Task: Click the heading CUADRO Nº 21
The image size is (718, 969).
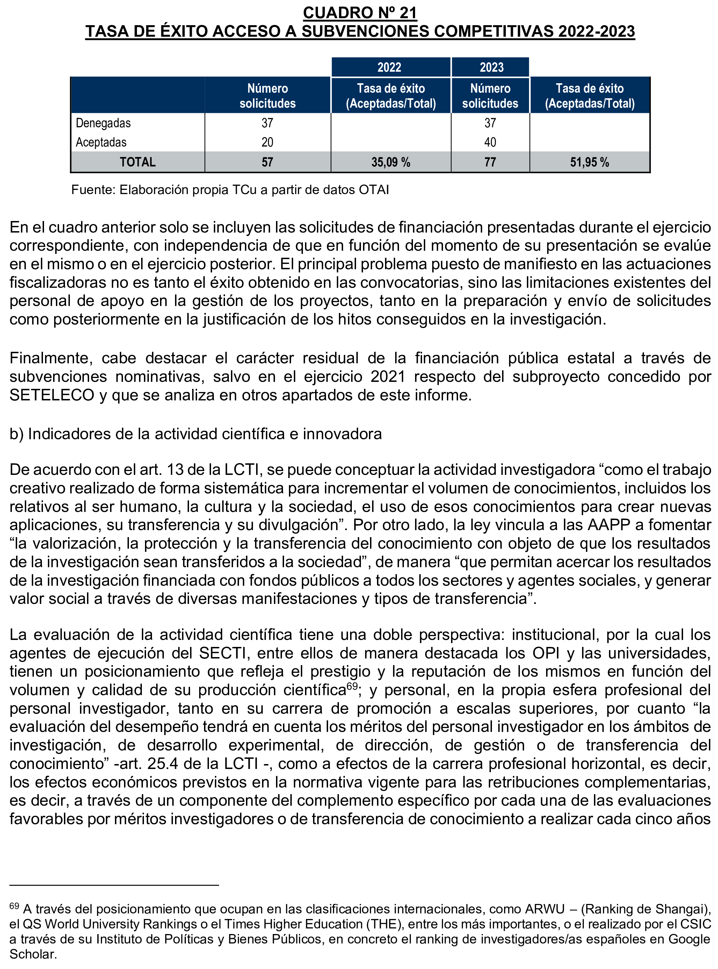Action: click(360, 13)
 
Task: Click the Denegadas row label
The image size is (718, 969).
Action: click(103, 123)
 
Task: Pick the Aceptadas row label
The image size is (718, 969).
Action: click(101, 142)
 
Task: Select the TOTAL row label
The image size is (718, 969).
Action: click(137, 162)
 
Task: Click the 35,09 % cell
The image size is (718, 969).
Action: click(390, 162)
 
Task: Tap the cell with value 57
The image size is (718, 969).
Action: click(267, 162)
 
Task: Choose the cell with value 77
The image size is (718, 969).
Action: click(490, 162)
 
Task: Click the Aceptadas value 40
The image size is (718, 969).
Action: click(490, 142)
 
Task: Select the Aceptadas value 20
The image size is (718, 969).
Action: click(267, 142)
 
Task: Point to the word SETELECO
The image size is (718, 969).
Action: click(52, 396)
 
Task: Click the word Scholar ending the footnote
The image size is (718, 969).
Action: click(32, 955)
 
